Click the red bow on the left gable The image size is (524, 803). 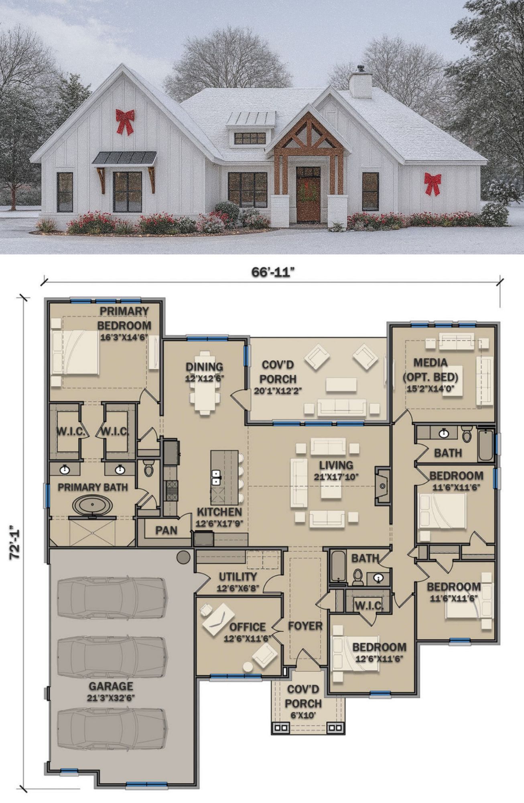[x=125, y=122]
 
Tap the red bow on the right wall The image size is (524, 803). [x=433, y=184]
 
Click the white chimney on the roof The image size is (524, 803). [x=360, y=84]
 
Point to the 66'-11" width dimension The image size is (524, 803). [x=273, y=272]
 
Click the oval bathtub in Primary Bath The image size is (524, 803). [x=93, y=505]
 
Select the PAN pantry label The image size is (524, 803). [x=167, y=530]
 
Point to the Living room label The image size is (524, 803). [x=336, y=465]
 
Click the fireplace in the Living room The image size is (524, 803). [x=382, y=486]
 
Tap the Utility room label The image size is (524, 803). [x=238, y=577]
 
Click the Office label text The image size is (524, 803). [x=248, y=627]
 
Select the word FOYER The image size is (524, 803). [x=305, y=626]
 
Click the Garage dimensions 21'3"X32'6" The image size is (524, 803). [x=111, y=698]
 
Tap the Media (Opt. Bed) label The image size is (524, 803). [x=431, y=370]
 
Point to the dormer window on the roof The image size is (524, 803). [x=250, y=138]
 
